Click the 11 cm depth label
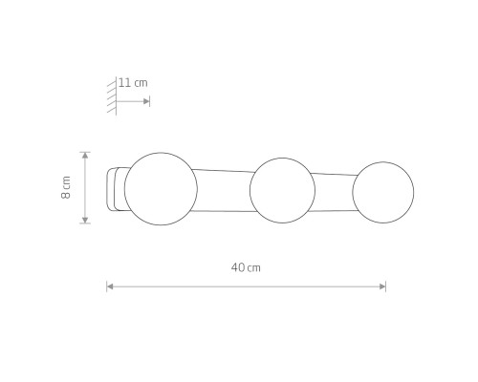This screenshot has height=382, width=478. coord(133,83)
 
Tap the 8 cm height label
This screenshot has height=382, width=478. coord(66,187)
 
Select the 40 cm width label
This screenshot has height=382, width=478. coord(246,267)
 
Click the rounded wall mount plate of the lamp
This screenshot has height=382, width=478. coord(108,189)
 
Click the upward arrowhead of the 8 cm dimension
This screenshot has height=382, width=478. coord(85,156)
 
